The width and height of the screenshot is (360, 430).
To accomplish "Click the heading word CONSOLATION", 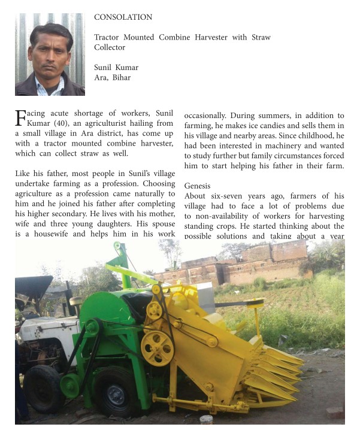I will (x=123, y=17).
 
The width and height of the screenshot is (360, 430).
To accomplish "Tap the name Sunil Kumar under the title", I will (x=116, y=68).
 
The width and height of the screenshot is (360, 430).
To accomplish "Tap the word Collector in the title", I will (x=110, y=47).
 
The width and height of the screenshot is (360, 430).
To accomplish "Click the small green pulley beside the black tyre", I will (x=70, y=386).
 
